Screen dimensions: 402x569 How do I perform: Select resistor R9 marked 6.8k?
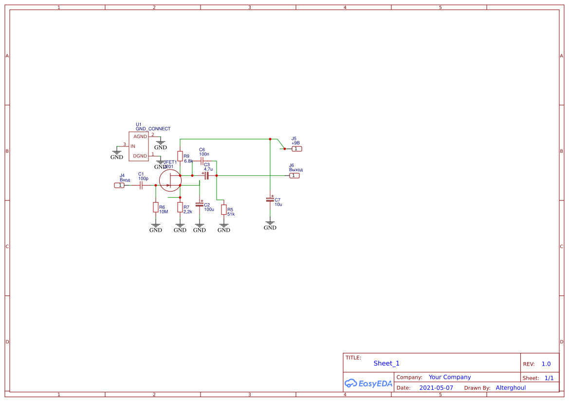tap(180, 156)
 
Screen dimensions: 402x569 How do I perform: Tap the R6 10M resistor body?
tap(156, 208)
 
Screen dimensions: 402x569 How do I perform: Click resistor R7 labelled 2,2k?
tap(180, 208)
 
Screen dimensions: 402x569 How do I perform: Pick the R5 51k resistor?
tap(224, 210)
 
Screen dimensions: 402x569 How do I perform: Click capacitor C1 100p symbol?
tap(141, 185)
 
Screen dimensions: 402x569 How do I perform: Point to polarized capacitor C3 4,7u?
tap(206, 175)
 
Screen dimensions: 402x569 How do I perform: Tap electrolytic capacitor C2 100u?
tap(200, 205)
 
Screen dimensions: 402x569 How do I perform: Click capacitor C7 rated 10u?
tap(270, 199)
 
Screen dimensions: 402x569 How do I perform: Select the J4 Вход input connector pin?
tap(119, 185)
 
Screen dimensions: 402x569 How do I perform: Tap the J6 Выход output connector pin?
tap(294, 175)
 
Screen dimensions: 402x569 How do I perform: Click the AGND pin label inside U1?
tap(140, 137)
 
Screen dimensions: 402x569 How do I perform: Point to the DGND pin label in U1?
tap(140, 156)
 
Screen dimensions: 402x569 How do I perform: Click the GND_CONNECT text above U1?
tap(153, 129)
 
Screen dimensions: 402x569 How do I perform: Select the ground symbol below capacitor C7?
tap(270, 225)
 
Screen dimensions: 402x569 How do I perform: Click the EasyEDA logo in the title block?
tap(368, 383)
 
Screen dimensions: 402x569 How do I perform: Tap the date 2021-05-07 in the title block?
tap(436, 388)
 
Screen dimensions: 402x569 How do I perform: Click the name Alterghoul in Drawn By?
tap(510, 388)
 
